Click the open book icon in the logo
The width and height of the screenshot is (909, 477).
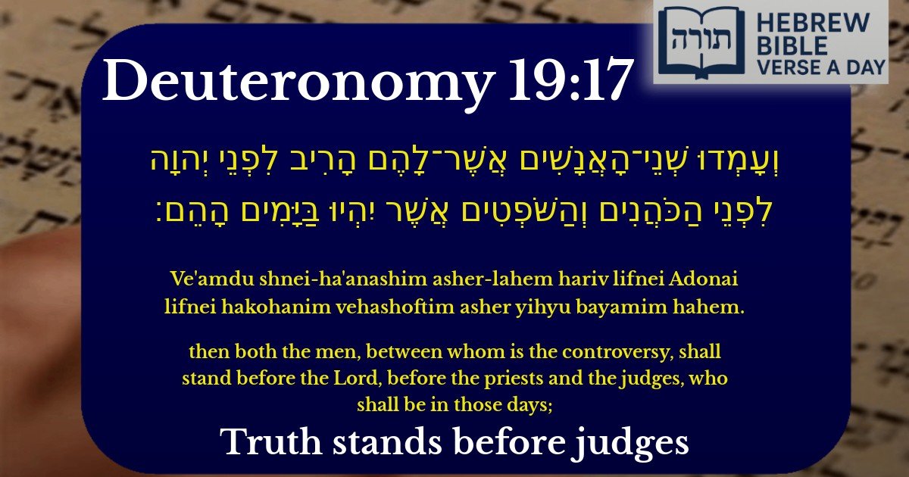point(689,42)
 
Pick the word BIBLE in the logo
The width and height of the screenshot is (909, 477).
point(789,45)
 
